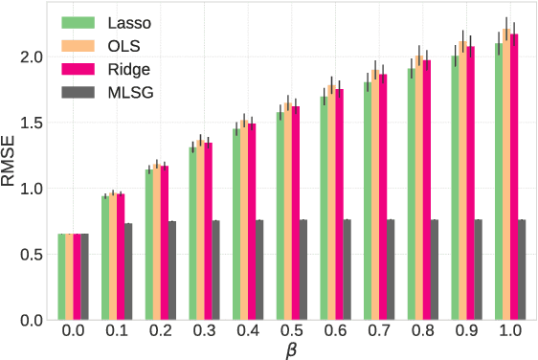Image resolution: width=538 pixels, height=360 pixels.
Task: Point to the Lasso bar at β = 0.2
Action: pyautogui.click(x=148, y=245)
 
